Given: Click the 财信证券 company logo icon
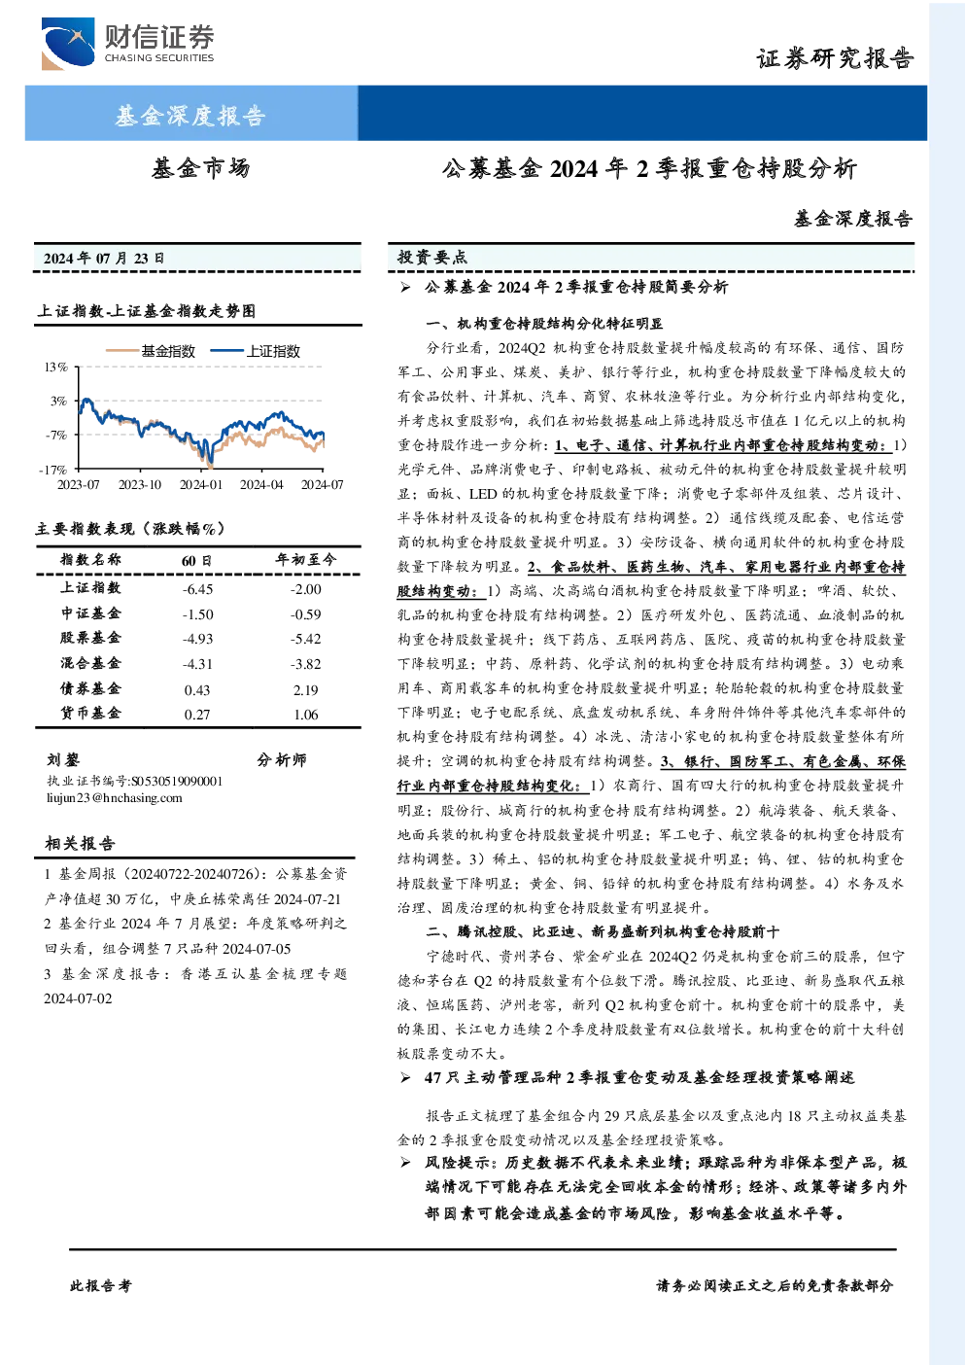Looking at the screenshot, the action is pyautogui.click(x=68, y=44).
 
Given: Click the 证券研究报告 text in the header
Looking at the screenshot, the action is pyautogui.click(x=835, y=59).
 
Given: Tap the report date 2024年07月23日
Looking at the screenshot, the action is pyautogui.click(x=104, y=259).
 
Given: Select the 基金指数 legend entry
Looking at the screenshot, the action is pyautogui.click(x=151, y=351).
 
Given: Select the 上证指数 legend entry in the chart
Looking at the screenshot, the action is pyautogui.click(x=256, y=351).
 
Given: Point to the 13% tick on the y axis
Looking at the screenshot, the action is pyautogui.click(x=55, y=367).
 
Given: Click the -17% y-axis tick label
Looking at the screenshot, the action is pyautogui.click(x=53, y=470).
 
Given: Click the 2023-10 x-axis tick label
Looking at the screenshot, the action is pyautogui.click(x=140, y=485).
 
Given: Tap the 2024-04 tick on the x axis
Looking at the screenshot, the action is pyautogui.click(x=261, y=485).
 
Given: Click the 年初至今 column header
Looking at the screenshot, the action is pyautogui.click(x=306, y=559).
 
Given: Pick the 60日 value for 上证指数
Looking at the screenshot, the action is pyautogui.click(x=197, y=589).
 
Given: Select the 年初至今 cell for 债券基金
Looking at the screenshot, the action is pyautogui.click(x=306, y=690).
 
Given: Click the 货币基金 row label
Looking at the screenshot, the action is pyautogui.click(x=90, y=713).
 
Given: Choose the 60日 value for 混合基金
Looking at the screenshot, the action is pyautogui.click(x=197, y=664).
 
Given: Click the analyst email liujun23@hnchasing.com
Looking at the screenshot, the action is pyautogui.click(x=115, y=798).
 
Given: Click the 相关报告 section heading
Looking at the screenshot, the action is pyautogui.click(x=80, y=843).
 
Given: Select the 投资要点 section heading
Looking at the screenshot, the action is pyautogui.click(x=432, y=258).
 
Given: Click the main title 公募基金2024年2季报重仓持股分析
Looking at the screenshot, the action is pyautogui.click(x=649, y=169).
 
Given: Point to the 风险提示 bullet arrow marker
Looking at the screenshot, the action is pyautogui.click(x=405, y=1163).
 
